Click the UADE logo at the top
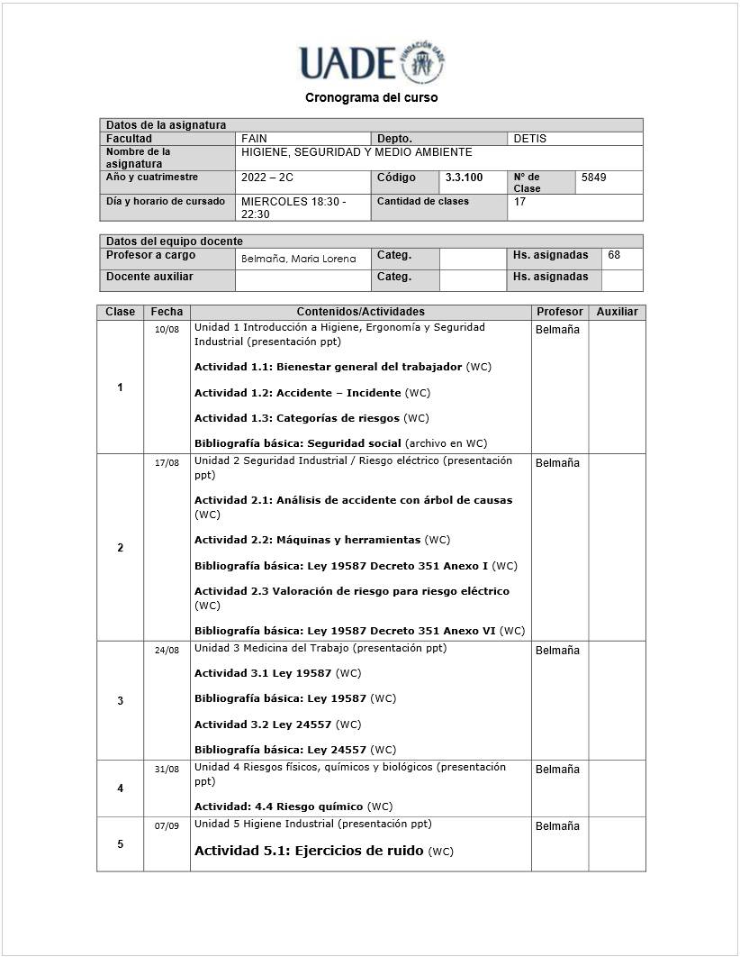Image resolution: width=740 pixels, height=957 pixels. (x=371, y=63)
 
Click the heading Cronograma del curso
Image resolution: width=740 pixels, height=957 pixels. (x=371, y=97)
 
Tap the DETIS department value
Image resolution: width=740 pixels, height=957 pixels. (x=529, y=139)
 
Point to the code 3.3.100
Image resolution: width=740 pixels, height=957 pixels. (x=464, y=178)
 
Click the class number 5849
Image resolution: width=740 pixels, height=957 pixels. (x=594, y=178)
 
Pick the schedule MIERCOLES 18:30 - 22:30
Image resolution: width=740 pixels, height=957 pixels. (x=293, y=208)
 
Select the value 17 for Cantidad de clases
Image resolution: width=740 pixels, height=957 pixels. (x=519, y=202)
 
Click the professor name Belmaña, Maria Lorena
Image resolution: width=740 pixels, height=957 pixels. (x=298, y=259)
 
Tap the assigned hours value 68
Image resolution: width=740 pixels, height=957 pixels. (x=614, y=255)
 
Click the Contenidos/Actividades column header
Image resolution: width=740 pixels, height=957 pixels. (x=360, y=312)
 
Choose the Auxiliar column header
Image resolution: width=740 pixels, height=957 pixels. (x=617, y=312)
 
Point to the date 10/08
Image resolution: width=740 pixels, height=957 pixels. (x=167, y=330)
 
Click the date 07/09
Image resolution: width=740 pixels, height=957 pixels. (x=167, y=826)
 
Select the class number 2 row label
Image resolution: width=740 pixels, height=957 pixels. (x=120, y=548)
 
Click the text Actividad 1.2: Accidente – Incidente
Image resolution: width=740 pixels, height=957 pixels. (x=298, y=393)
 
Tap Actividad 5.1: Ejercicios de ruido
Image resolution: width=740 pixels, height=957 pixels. (x=309, y=851)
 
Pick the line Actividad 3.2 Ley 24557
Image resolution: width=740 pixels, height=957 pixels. (x=265, y=725)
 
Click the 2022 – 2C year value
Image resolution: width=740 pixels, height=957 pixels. (x=267, y=178)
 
